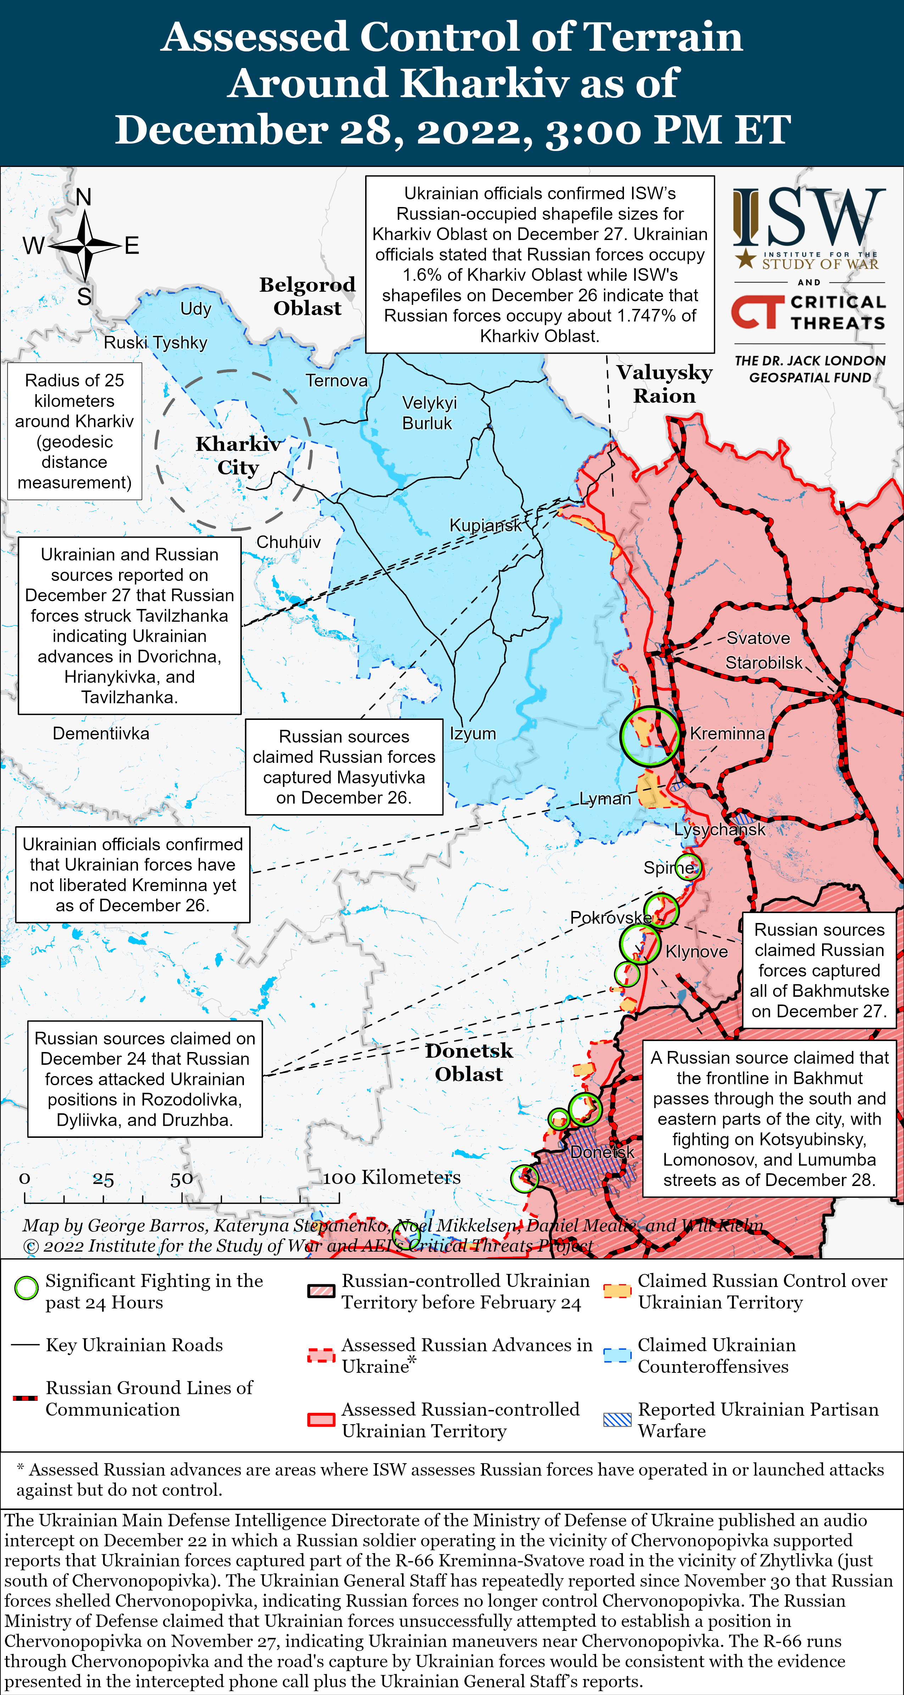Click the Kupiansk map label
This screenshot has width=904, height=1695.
pos(485,525)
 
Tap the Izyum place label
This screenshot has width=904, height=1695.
pos(473,734)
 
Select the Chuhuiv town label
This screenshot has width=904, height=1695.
pos(288,542)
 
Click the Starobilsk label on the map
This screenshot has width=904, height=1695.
pos(763,662)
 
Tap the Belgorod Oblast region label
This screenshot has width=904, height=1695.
pos(307,296)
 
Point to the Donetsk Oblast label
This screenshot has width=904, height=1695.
pos(468,1062)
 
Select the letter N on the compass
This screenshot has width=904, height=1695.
pos(84,197)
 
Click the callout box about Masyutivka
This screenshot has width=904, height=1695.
pos(344,767)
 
